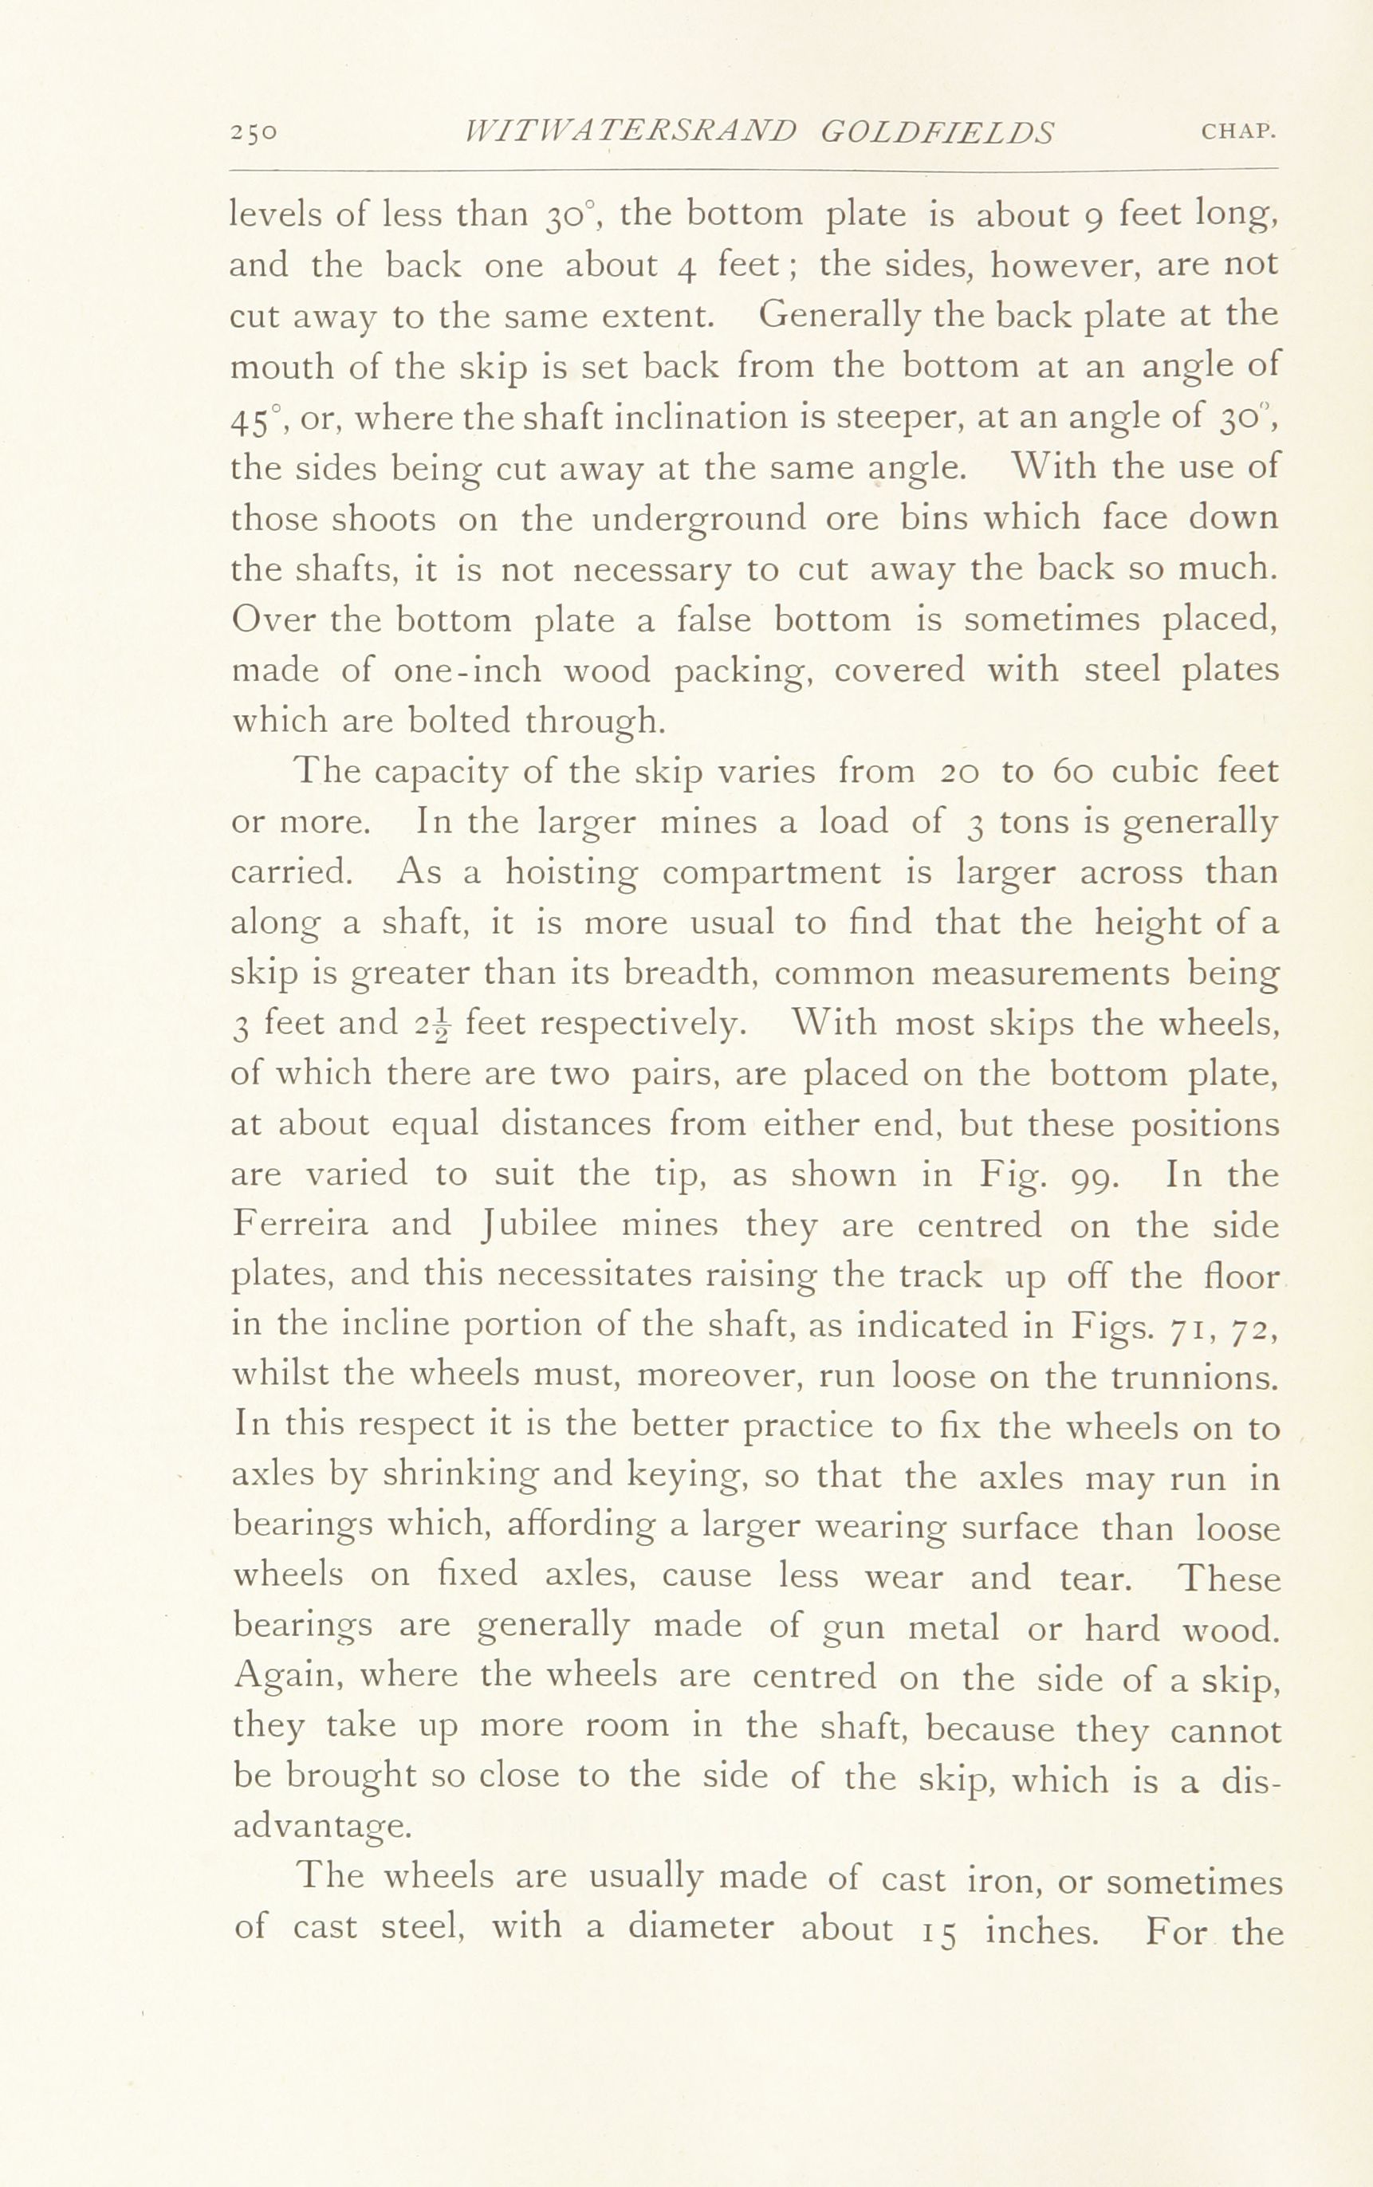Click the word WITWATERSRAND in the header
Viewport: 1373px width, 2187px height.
pyautogui.click(x=629, y=132)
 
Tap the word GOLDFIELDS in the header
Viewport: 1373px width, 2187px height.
pyautogui.click(x=936, y=132)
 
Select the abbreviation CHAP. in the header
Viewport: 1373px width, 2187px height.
pyautogui.click(x=1238, y=132)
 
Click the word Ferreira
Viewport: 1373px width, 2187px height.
pyautogui.click(x=300, y=1225)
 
